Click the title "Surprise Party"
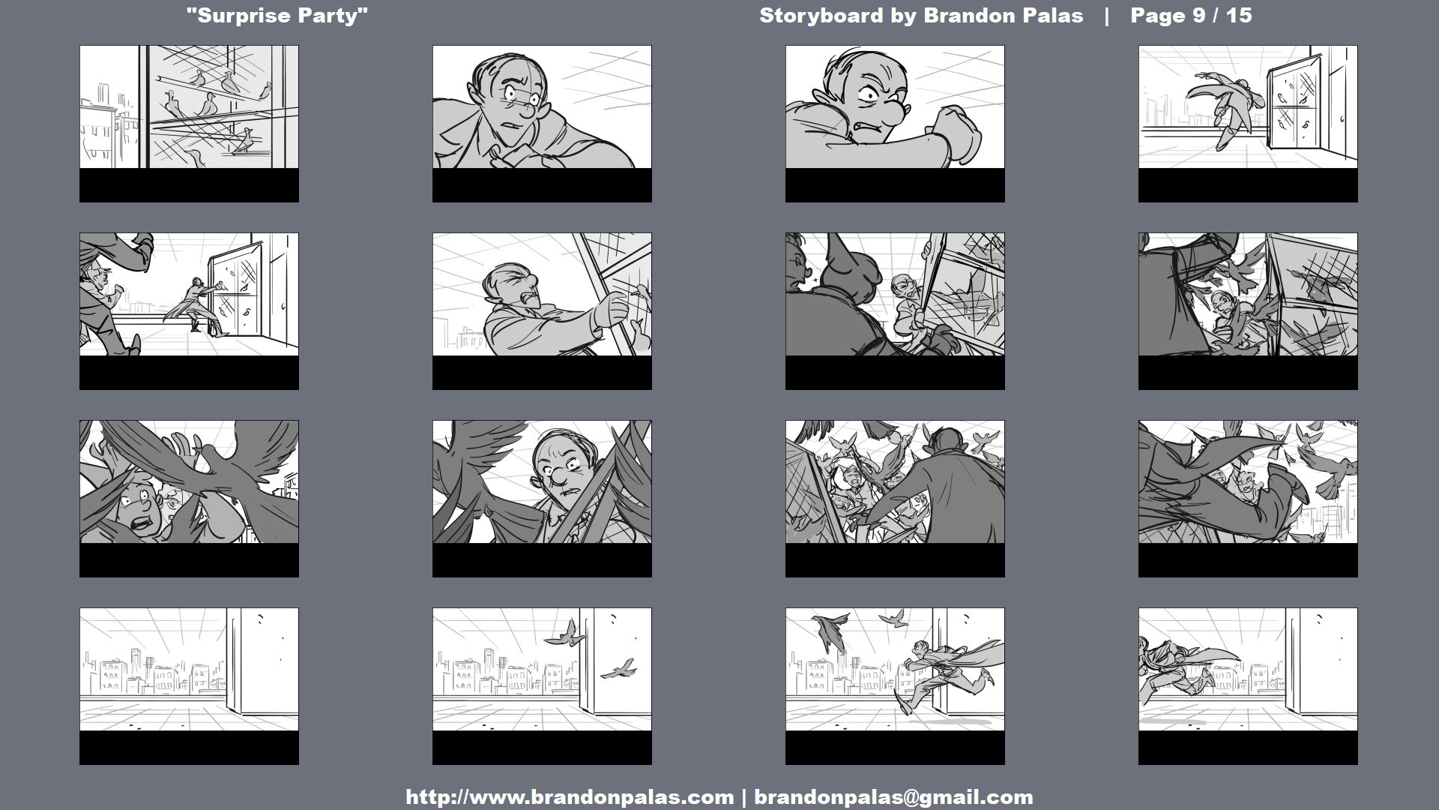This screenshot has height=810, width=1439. pyautogui.click(x=277, y=16)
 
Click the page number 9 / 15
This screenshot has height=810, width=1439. pyautogui.click(x=1191, y=16)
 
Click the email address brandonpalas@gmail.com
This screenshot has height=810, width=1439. pyautogui.click(x=893, y=796)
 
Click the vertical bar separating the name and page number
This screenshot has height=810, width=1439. pyautogui.click(x=1106, y=16)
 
